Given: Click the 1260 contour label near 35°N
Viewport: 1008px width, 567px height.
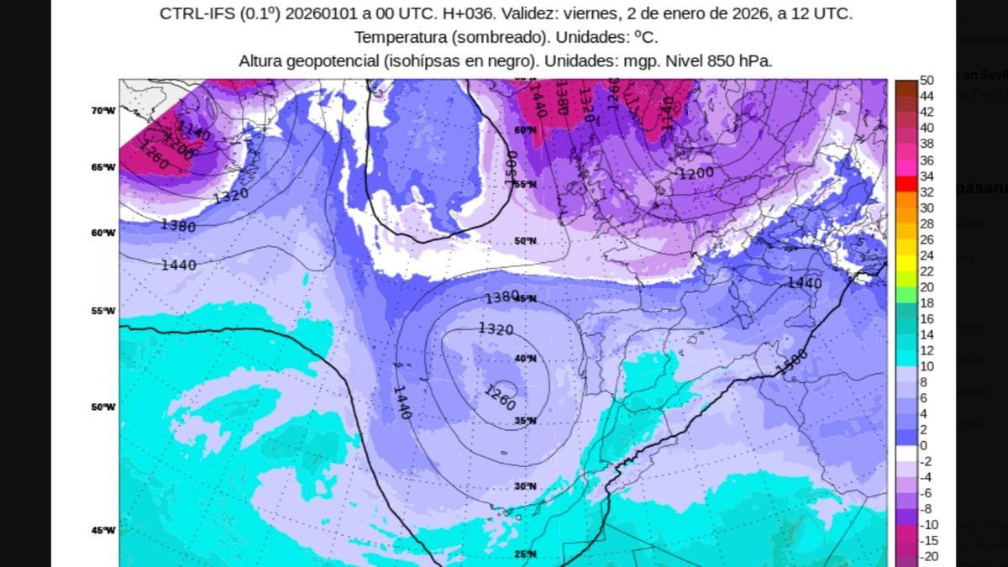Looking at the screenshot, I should tap(499, 397).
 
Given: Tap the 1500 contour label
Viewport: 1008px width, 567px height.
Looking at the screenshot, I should tap(791, 362).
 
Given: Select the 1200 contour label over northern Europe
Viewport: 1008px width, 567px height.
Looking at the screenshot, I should tap(696, 173).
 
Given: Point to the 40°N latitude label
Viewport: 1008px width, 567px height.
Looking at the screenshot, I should tap(525, 359).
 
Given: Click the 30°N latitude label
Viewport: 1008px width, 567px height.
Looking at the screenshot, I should tap(525, 486).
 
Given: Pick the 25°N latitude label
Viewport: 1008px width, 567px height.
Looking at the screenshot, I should tap(525, 554).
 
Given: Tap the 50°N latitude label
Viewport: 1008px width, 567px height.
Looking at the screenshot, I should tap(525, 241).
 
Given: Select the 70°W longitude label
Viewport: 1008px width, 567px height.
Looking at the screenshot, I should tap(103, 111).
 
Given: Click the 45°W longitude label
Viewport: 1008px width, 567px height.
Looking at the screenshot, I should tap(103, 530).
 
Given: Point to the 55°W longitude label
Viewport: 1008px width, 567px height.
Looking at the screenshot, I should tap(103, 311).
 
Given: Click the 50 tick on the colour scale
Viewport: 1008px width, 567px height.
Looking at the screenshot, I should tap(927, 81).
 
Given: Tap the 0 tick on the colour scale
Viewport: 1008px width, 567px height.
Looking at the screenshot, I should tap(924, 445).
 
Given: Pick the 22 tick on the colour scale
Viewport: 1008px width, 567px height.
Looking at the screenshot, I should tap(927, 271).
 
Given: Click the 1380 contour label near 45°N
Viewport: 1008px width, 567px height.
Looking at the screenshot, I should tap(502, 297).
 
